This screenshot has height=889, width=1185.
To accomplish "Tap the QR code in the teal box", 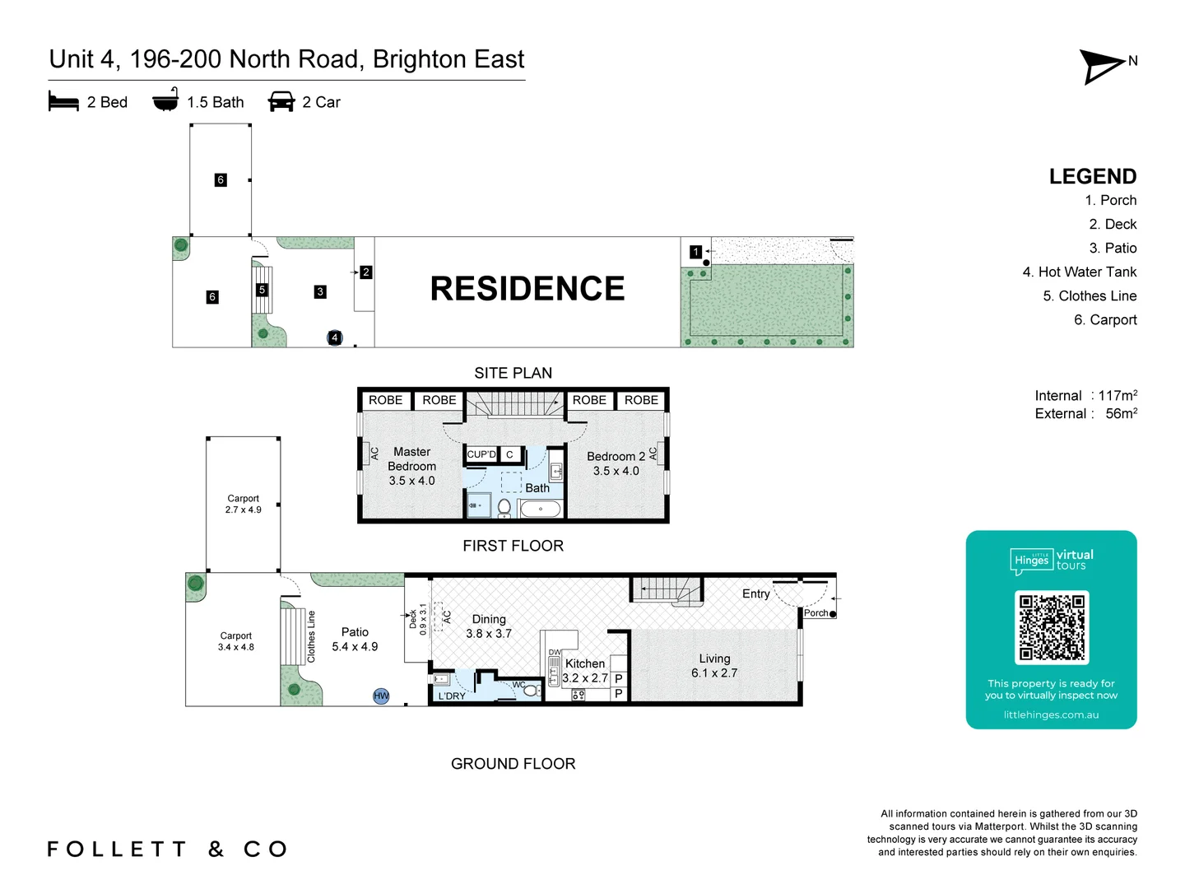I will coord(1052,627).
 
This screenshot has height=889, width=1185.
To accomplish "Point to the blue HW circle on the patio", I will coord(381,696).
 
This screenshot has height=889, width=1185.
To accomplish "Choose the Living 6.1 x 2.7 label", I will coord(714,665).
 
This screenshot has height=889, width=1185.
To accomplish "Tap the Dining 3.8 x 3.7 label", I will coord(489,626).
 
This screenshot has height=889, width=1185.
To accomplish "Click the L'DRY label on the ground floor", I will coord(452,696).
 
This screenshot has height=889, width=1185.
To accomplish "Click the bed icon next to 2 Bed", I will coord(63,102).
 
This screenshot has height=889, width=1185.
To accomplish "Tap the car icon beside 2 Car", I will coord(281,102).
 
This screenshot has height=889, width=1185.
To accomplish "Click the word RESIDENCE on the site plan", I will coord(527,289).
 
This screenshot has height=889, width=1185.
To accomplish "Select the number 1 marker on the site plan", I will coord(695,252).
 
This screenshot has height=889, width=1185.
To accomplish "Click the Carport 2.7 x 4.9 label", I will coord(243,504).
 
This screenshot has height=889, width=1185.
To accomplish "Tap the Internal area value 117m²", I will coord(1117,396).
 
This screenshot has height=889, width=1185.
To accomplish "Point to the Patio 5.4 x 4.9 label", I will coord(355,639).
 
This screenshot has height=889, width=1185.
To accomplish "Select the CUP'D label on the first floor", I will coord(481,454).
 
